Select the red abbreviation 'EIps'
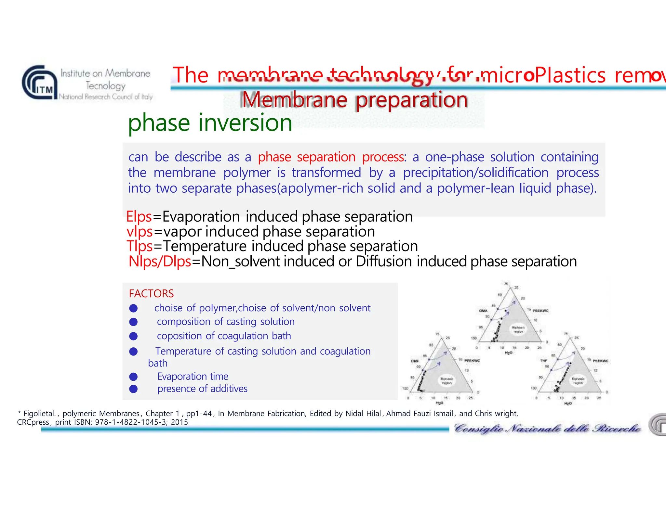pyautogui.click(x=139, y=217)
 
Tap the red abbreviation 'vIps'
pyautogui.click(x=140, y=232)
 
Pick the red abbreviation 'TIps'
pyautogui.click(x=140, y=246)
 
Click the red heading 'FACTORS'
pyautogui.click(x=151, y=294)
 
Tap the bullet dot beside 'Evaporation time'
pyautogui.click(x=133, y=377)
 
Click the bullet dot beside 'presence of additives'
pyautogui.click(x=133, y=389)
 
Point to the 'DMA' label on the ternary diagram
pyautogui.click(x=483, y=311)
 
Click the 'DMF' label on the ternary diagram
pyautogui.click(x=415, y=361)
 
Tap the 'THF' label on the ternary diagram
pyautogui.click(x=543, y=360)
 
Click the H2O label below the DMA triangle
pyautogui.click(x=508, y=353)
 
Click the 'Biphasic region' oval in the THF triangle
pyautogui.click(x=578, y=380)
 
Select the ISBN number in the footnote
pyautogui.click(x=132, y=422)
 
